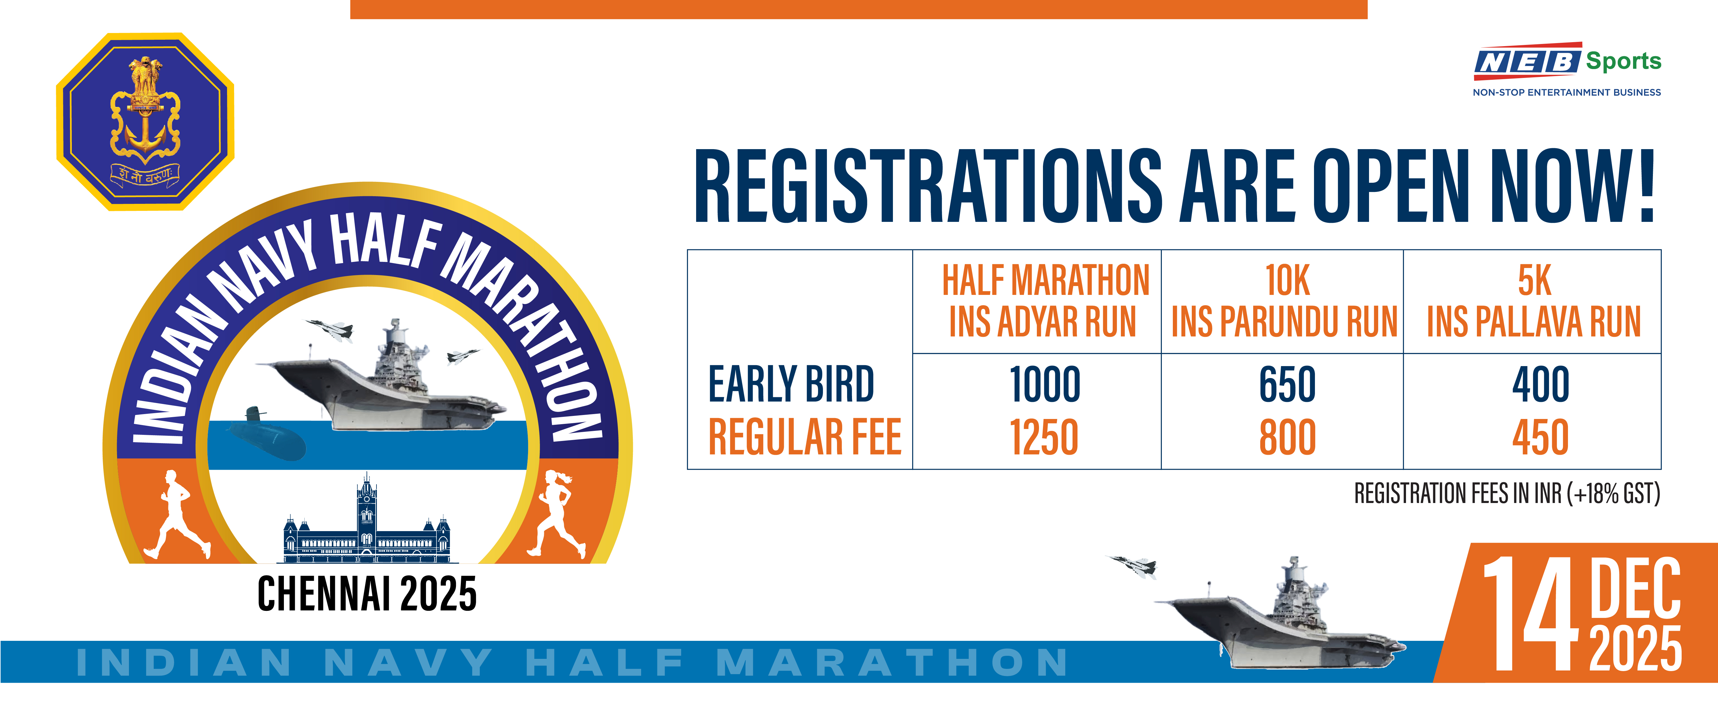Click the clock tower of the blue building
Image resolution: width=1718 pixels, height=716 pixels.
pyautogui.click(x=366, y=507)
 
